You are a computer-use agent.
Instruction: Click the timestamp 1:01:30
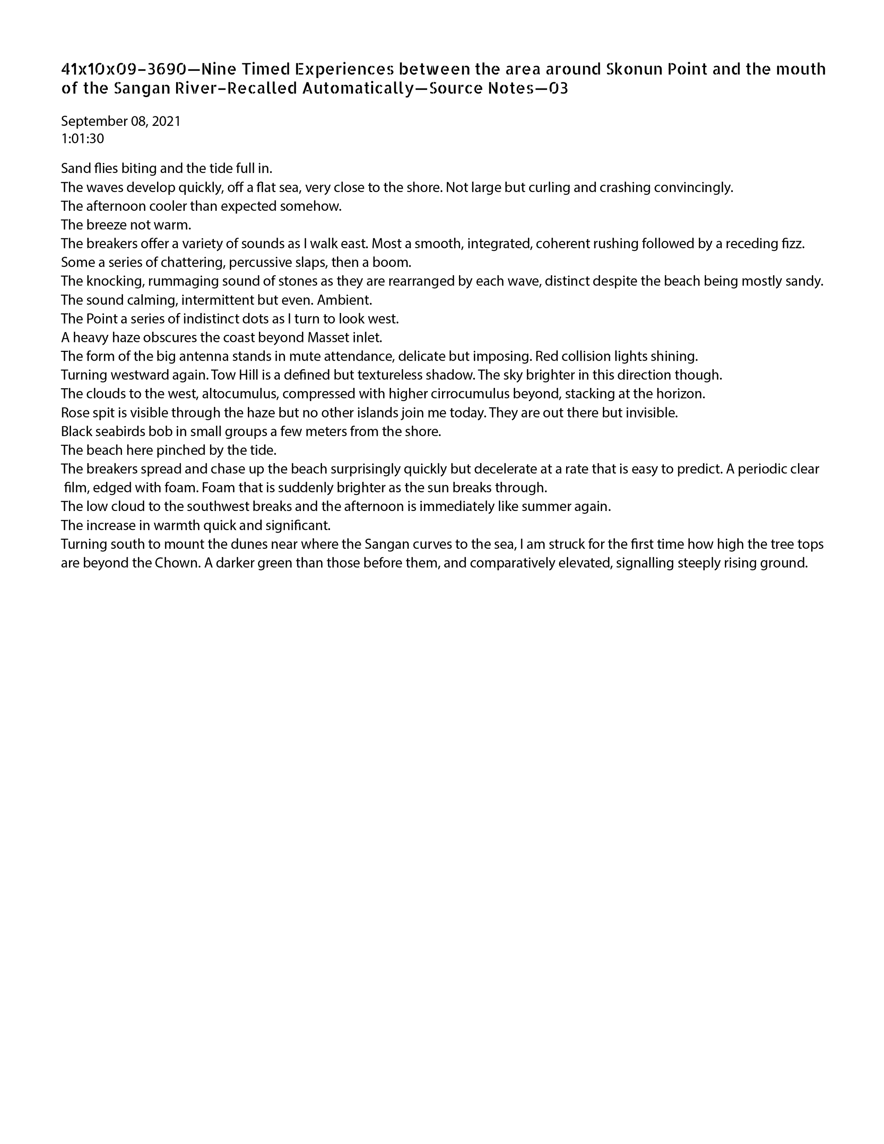click(82, 139)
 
